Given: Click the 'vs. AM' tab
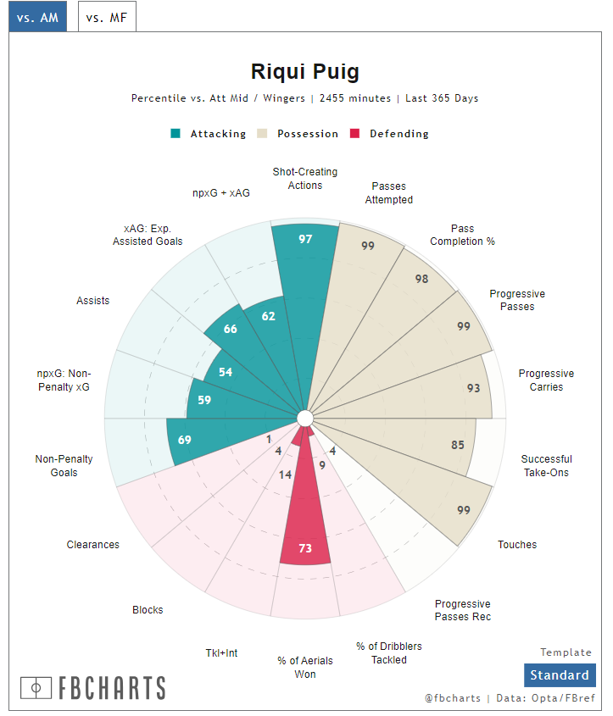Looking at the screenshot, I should (x=37, y=16).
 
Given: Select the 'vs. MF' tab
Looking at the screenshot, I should (x=107, y=16).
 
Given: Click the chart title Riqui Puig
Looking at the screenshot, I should (x=305, y=71).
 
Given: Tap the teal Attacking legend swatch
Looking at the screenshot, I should (x=176, y=134).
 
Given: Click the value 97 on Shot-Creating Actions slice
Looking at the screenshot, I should (x=305, y=239).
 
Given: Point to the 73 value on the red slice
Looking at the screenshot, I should (x=305, y=548).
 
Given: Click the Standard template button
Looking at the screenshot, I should (x=559, y=675).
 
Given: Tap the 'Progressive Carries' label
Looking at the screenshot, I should (x=546, y=380).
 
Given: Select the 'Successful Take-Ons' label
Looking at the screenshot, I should (x=546, y=466).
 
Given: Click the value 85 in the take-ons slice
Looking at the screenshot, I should (x=458, y=445).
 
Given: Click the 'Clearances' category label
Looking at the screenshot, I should (x=93, y=545).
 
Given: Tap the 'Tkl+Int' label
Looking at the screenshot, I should (x=221, y=652).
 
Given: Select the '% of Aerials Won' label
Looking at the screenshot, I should (x=305, y=668).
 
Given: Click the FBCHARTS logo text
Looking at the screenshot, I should (x=93, y=687).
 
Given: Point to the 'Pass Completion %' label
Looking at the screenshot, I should (x=462, y=235).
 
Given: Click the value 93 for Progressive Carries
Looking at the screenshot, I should (x=473, y=388).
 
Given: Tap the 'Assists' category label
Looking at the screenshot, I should (x=93, y=301).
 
